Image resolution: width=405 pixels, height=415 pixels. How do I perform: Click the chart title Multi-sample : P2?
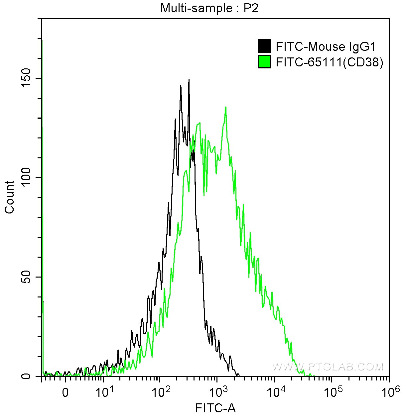coord(209,8)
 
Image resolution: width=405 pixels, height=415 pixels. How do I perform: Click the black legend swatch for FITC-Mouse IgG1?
coord(264,46)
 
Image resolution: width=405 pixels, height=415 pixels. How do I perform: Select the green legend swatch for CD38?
coord(264,62)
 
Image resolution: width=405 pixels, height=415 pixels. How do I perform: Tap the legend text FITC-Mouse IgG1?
coord(326,46)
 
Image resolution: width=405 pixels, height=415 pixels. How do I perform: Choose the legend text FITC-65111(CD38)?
coord(329,62)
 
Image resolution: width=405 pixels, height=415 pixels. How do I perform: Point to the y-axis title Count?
coord(10,197)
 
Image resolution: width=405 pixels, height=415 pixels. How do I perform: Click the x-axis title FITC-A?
coord(215,408)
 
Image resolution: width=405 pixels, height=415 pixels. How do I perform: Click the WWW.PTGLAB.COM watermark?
coord(328,367)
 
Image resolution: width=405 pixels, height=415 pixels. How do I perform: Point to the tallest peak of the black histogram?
coord(189,80)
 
